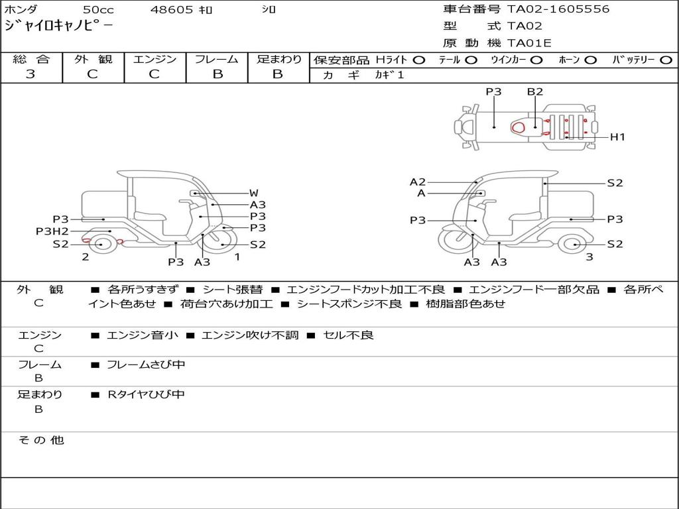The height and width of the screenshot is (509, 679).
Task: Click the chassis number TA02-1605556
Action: (x=558, y=9)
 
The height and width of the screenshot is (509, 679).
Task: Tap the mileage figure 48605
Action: (x=172, y=9)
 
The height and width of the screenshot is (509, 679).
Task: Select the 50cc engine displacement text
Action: (x=99, y=9)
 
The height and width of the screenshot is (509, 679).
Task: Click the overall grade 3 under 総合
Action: (x=31, y=74)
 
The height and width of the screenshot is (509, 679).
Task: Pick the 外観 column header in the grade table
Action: (x=93, y=59)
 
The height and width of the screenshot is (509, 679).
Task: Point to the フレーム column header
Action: (x=217, y=59)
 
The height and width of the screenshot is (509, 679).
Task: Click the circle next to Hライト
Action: (x=419, y=60)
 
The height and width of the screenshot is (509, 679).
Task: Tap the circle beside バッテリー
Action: (x=666, y=60)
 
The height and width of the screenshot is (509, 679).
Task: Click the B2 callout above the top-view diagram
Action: (x=535, y=91)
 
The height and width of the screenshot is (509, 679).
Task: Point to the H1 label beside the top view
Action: (x=617, y=137)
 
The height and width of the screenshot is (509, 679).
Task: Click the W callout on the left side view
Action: (x=254, y=193)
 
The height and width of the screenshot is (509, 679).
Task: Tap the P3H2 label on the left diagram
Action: (x=52, y=231)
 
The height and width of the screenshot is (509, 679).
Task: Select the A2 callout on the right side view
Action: (x=418, y=182)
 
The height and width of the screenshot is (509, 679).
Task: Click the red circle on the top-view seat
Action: (x=518, y=127)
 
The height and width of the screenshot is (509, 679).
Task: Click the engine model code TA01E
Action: (x=529, y=43)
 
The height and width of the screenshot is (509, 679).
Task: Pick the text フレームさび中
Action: (x=146, y=365)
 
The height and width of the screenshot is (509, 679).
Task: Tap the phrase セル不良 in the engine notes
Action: (x=348, y=335)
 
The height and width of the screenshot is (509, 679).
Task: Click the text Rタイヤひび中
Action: (x=146, y=394)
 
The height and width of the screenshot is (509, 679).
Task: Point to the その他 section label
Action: (x=41, y=440)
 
